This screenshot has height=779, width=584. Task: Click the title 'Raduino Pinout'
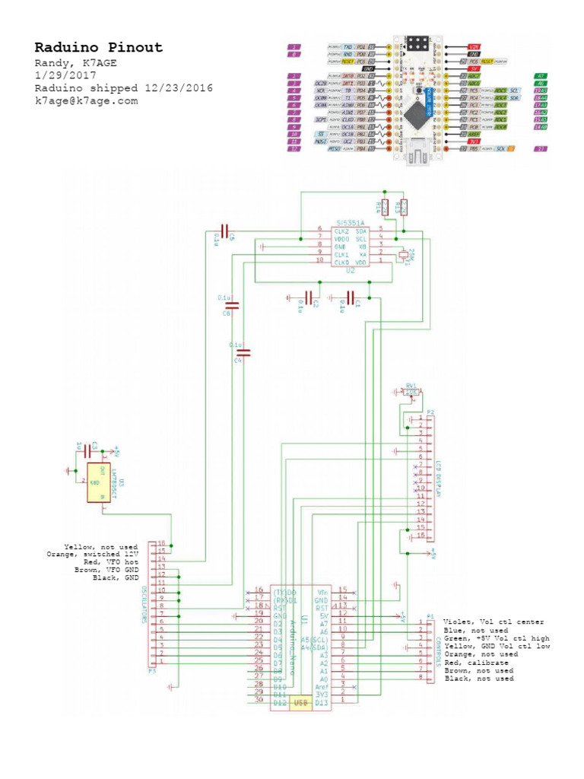pyautogui.click(x=98, y=48)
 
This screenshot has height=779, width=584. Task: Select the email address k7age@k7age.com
pyautogui.click(x=86, y=100)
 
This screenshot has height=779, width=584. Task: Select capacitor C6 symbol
pyautogui.click(x=233, y=305)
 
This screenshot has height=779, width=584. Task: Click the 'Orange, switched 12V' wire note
pyautogui.click(x=92, y=555)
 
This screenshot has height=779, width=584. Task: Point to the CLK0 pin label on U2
pyautogui.click(x=341, y=262)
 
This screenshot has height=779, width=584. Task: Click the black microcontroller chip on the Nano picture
pyautogui.click(x=419, y=115)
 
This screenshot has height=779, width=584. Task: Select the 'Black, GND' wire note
pyautogui.click(x=115, y=577)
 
